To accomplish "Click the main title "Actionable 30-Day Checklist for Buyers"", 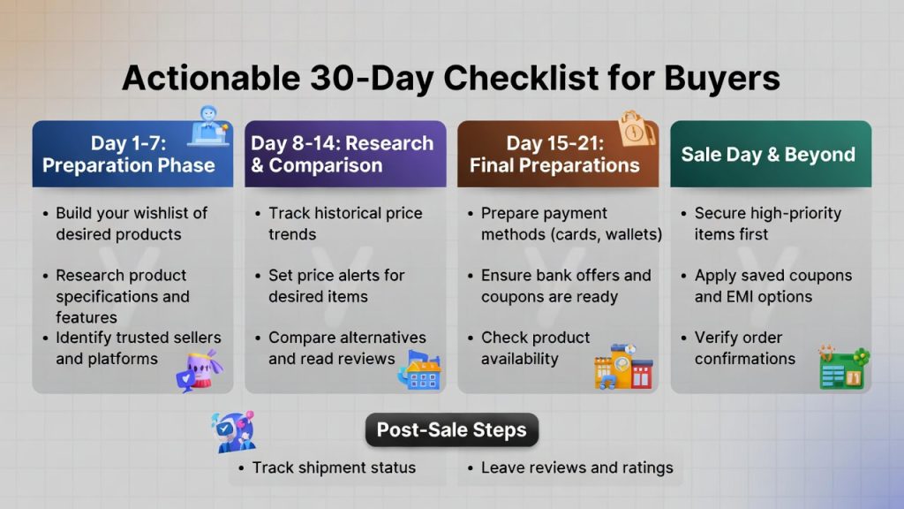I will click(x=451, y=78).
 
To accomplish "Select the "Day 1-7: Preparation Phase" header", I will click(x=129, y=155).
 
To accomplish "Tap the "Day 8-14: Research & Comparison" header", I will click(x=343, y=155).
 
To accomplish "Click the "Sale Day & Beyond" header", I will click(x=768, y=155).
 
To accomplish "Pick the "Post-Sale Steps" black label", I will click(x=451, y=430).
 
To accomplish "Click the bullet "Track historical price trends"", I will click(x=344, y=224).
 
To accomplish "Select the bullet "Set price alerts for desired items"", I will click(x=336, y=285).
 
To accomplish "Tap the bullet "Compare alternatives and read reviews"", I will click(x=346, y=347).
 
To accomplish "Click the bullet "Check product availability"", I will click(x=535, y=347).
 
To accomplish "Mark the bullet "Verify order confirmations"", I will click(x=744, y=347).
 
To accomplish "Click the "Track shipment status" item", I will click(x=333, y=467).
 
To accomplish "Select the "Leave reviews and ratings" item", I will click(x=576, y=467).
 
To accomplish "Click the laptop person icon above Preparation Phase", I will click(x=209, y=126).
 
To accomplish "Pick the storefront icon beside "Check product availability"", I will click(x=623, y=367).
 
